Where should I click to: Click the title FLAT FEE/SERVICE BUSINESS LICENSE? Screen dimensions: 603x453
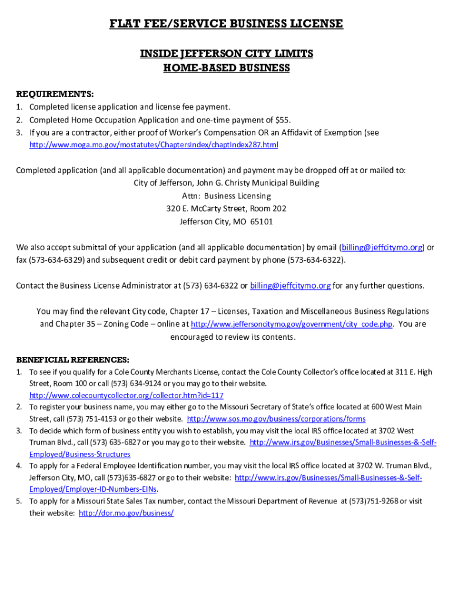[x=226, y=24]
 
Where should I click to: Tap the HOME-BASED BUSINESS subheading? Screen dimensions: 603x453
[x=226, y=68]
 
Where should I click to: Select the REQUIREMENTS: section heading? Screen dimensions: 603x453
[x=54, y=94]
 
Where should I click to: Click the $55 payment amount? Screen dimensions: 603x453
[x=282, y=120]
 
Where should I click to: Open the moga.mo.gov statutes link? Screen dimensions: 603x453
[x=154, y=145]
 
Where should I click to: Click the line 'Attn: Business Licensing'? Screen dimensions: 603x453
[x=226, y=196]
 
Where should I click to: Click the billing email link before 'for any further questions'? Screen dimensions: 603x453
[x=291, y=286]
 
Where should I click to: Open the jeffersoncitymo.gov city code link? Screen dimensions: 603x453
[x=292, y=324]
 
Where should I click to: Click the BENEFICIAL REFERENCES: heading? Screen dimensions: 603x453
[x=72, y=360]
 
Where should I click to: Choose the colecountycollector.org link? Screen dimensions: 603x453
[x=126, y=396]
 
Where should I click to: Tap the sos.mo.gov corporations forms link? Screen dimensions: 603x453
[x=276, y=419]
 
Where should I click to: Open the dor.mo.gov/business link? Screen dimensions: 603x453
[x=126, y=513]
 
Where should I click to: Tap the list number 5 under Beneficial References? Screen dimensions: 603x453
[x=19, y=502]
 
